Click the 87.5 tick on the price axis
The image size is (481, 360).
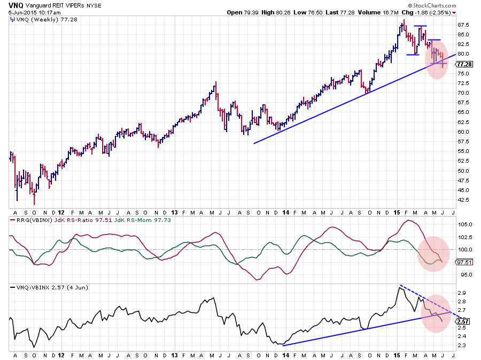463,25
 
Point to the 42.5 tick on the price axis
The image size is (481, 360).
463,200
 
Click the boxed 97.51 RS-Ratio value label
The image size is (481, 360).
462,262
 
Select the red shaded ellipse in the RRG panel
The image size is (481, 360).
433,253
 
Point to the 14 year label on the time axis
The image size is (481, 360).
283,354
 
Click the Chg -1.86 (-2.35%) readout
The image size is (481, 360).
426,12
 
